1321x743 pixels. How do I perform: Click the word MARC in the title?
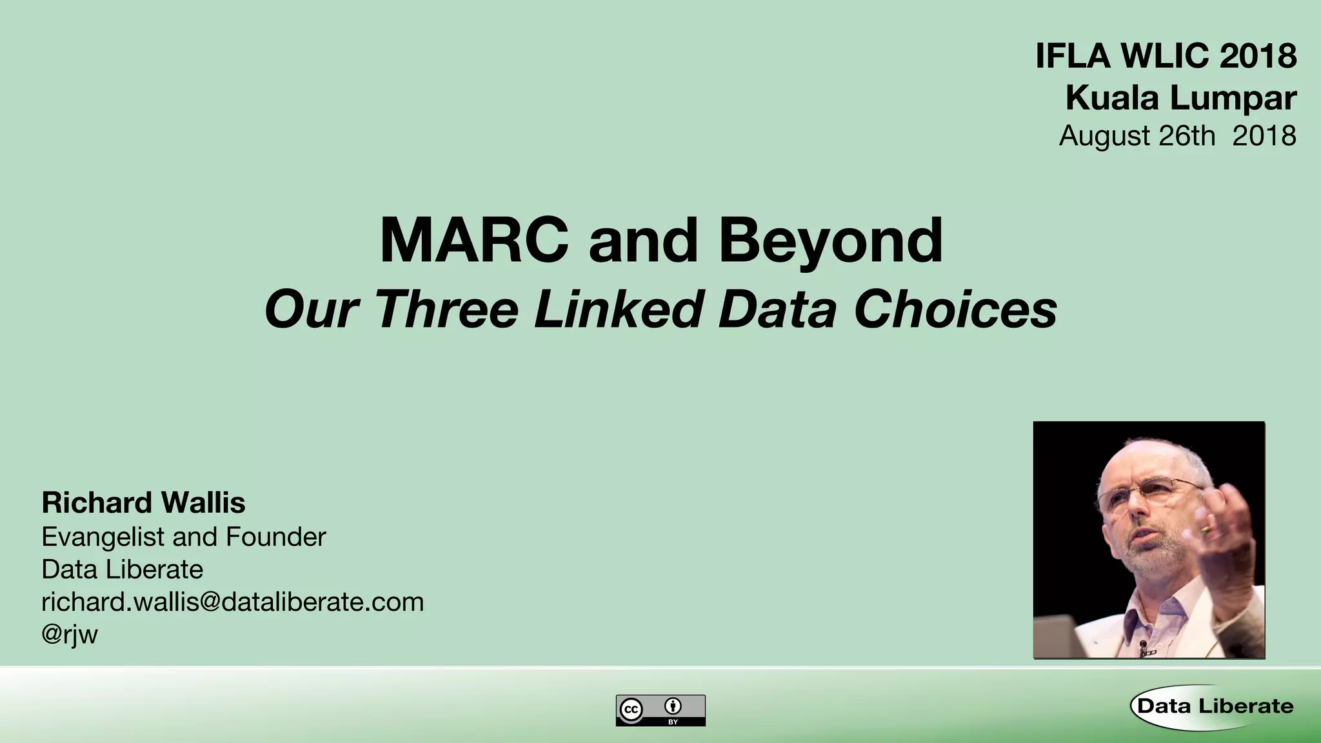point(474,241)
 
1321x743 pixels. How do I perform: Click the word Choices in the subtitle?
point(955,310)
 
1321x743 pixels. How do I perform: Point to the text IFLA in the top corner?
point(1074,56)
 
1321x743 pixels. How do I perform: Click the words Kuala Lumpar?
point(1180,98)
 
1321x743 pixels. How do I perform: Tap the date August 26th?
point(1137,136)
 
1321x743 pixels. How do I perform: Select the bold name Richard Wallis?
point(143,503)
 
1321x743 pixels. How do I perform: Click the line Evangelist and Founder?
point(184,537)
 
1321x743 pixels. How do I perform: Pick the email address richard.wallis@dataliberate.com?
point(232,602)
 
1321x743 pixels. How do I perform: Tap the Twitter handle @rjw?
point(70,635)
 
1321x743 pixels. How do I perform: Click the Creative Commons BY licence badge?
point(660,710)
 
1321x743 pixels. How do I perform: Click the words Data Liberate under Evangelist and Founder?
point(122,570)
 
